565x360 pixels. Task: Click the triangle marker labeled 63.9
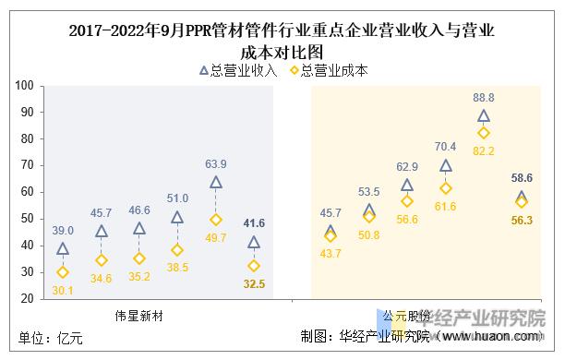216,183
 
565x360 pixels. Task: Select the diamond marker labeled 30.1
63,272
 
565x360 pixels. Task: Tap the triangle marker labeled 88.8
483,116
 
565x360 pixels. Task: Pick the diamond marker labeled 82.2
483,133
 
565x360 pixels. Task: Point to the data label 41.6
254,224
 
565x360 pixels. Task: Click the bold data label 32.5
254,284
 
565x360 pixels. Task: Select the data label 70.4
445,146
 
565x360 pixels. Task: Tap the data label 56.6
408,219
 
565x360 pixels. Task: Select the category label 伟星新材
139,315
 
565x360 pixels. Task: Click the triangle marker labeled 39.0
63,249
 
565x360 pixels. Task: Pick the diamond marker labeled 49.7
216,220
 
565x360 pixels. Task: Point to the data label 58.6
522,177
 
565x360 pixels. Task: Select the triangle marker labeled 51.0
177,218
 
